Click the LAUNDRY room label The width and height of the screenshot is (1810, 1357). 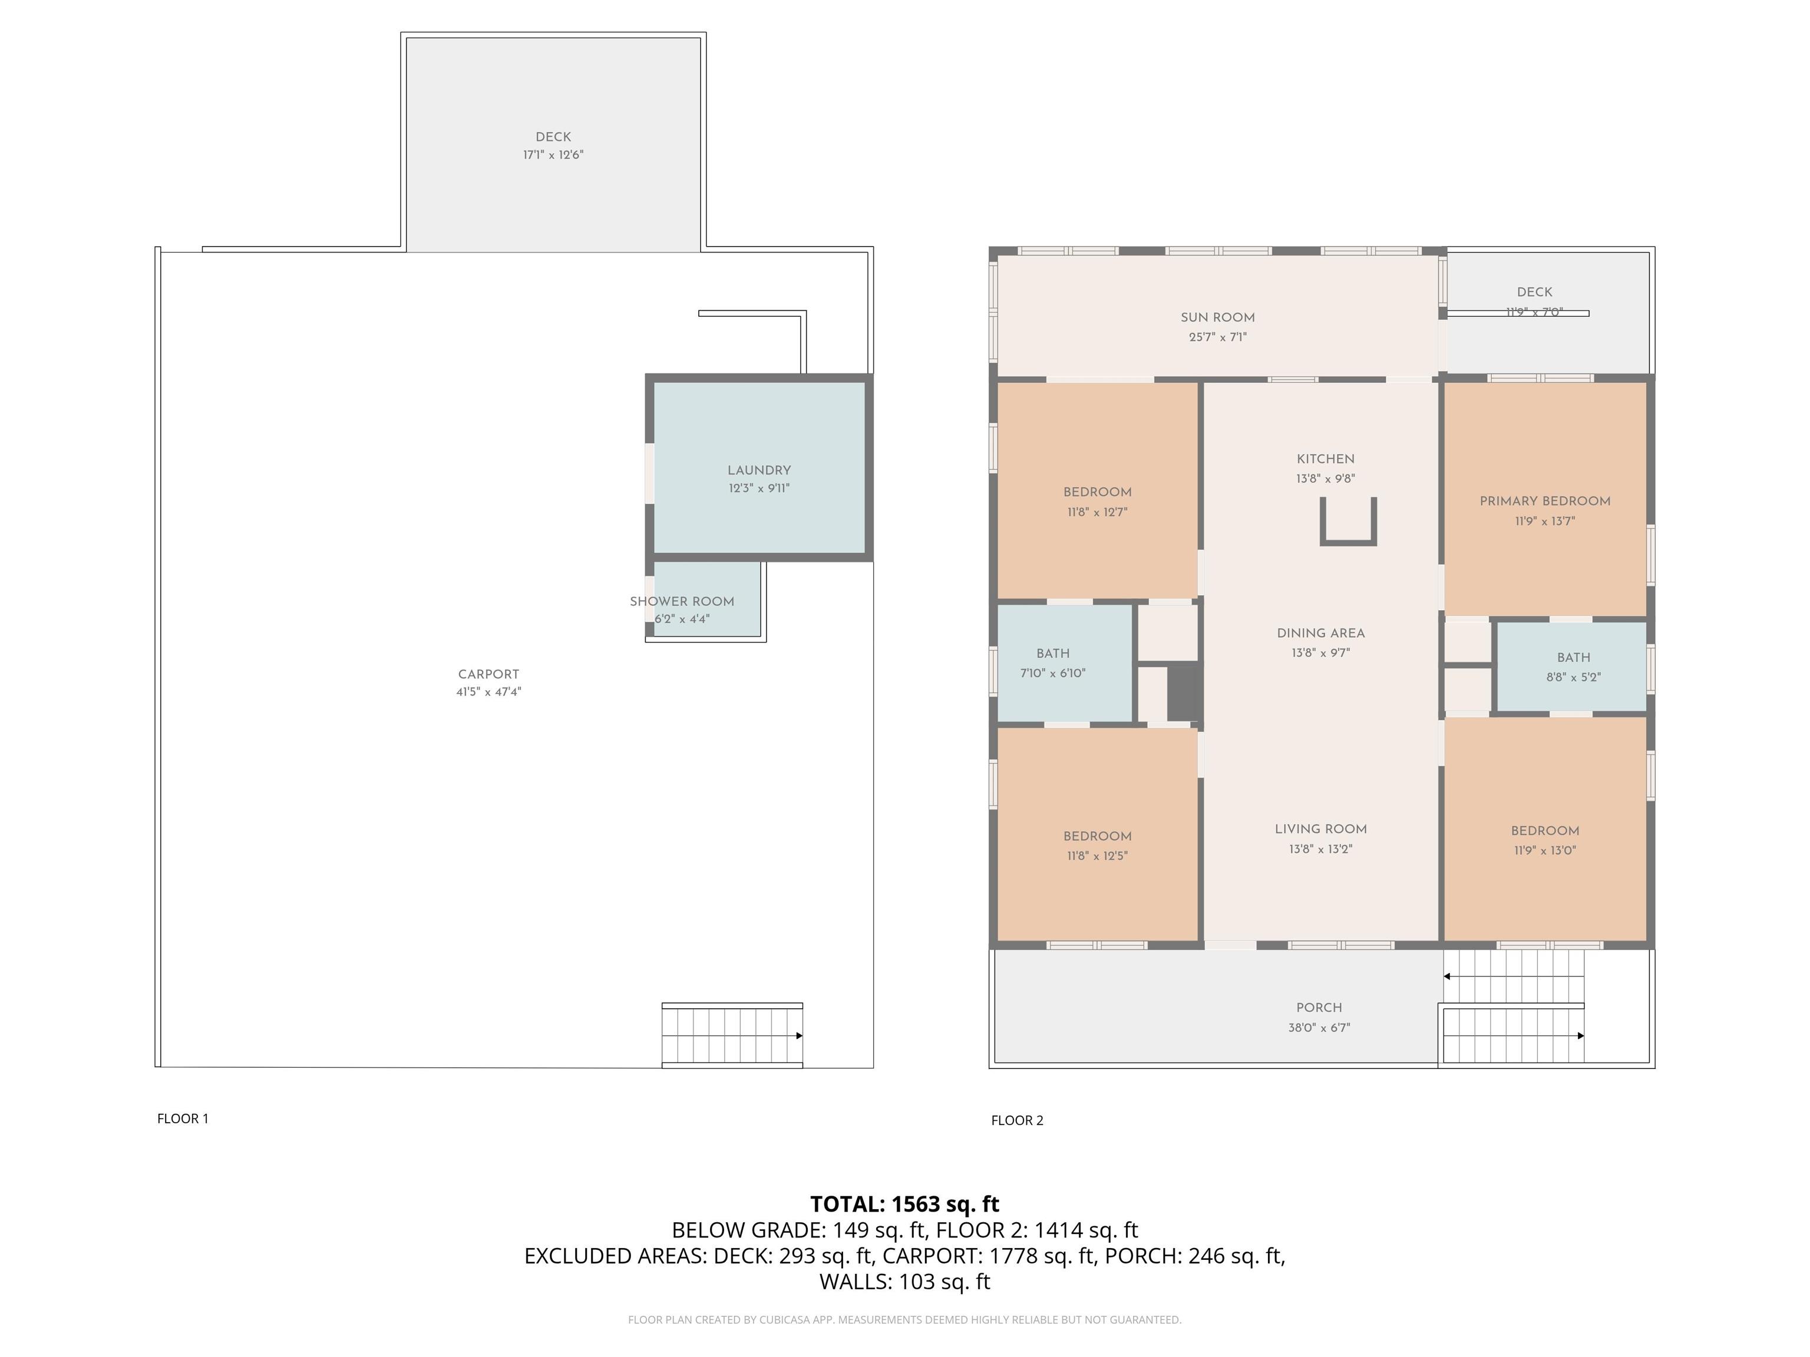(x=759, y=471)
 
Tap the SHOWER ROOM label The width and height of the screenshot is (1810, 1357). (x=682, y=601)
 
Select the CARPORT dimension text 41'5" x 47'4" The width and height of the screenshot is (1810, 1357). (x=488, y=692)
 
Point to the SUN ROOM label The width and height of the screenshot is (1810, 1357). (x=1218, y=317)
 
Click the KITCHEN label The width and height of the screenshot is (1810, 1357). (x=1326, y=459)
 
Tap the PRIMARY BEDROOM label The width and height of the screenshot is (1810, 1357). (x=1545, y=501)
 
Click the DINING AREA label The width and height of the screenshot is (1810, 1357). (x=1321, y=633)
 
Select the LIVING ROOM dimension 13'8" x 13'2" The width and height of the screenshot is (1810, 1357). (x=1321, y=849)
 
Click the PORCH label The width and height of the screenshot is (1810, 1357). (x=1319, y=1008)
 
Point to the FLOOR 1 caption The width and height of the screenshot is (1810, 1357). (x=183, y=1118)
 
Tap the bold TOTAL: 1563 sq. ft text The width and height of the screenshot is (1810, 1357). (x=905, y=1204)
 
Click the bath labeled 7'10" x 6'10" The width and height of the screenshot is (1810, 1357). (x=1053, y=663)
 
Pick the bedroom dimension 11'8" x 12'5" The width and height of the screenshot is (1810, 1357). (x=1097, y=856)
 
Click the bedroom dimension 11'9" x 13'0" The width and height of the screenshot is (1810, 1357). (x=1545, y=850)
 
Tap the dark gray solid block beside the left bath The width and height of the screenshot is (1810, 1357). (x=1183, y=692)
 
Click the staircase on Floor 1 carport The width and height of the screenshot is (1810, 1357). (x=732, y=1035)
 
